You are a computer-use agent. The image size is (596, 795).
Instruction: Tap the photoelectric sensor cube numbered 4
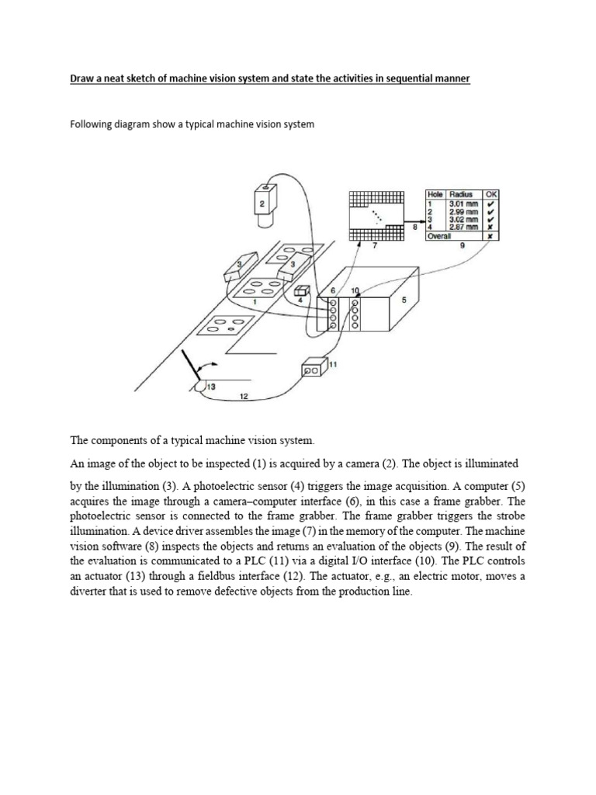click(x=303, y=290)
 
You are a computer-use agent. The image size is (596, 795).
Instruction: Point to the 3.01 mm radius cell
click(x=463, y=203)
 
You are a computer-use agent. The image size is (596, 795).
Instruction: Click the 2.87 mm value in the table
click(x=463, y=227)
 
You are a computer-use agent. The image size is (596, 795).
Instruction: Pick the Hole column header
click(x=434, y=194)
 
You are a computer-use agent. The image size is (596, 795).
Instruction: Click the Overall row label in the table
click(x=439, y=235)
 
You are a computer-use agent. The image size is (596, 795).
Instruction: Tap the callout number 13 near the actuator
click(x=210, y=386)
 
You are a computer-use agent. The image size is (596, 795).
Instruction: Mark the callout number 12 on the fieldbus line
click(x=243, y=397)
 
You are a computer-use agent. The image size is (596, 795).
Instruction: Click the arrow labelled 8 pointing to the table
click(x=414, y=226)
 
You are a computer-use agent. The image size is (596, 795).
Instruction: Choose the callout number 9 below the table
click(x=462, y=245)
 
